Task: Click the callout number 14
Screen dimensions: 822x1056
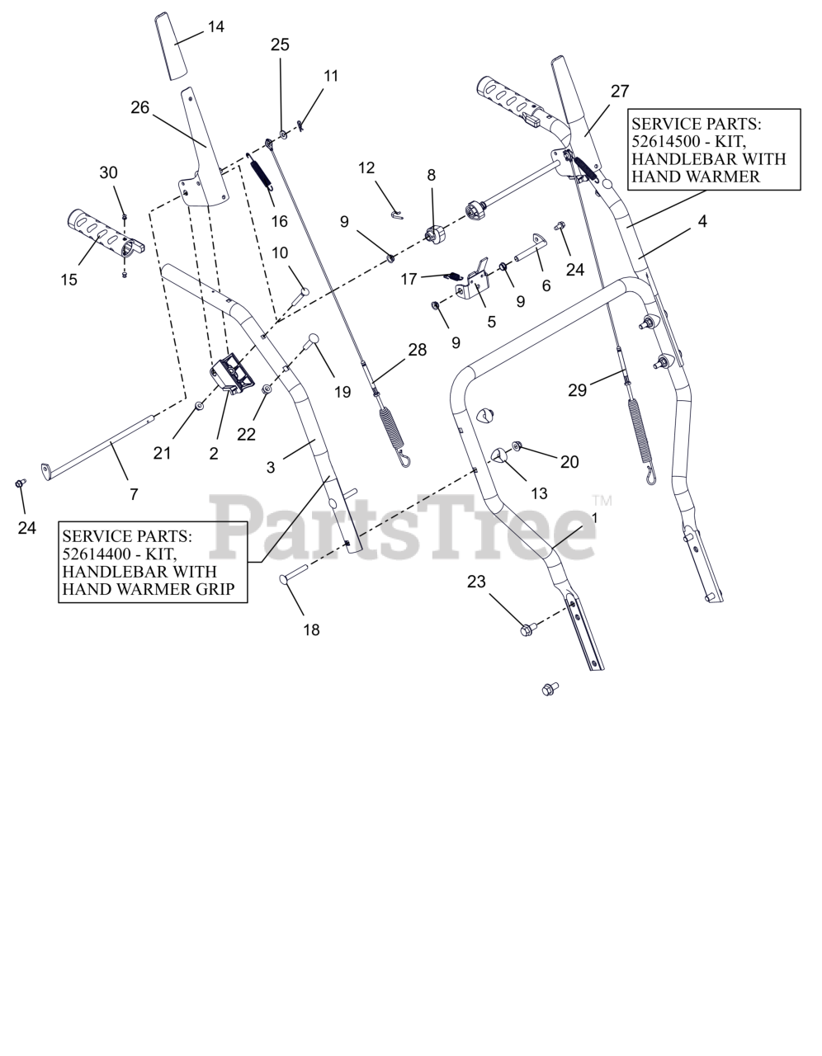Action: tap(215, 27)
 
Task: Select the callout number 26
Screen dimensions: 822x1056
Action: tap(140, 108)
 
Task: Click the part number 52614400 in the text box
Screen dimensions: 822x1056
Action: tap(95, 554)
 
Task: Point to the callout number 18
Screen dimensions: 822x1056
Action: tap(311, 630)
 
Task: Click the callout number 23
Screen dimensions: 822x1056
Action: tap(476, 582)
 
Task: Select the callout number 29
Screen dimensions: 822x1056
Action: tap(578, 390)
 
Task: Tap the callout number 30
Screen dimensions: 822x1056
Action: tap(109, 172)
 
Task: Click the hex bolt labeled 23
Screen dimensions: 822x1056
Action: tap(526, 629)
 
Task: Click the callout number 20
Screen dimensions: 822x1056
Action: tap(569, 462)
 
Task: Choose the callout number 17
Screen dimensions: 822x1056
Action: tap(409, 280)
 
